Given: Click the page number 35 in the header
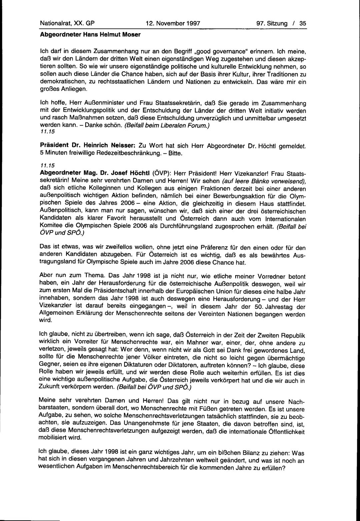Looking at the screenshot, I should click(303, 23).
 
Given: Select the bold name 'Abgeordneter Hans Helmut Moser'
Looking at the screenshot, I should click(90, 34).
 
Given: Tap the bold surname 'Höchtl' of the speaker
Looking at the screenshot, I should click(136, 173).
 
